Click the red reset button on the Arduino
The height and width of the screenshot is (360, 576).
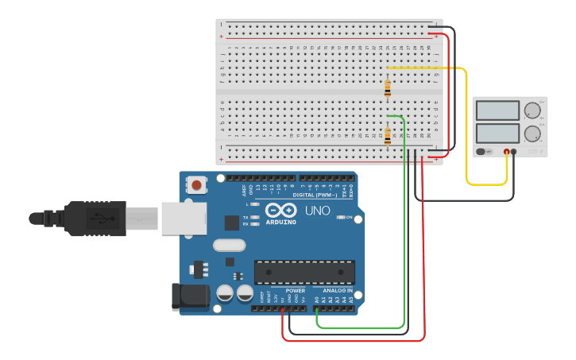coord(196,185)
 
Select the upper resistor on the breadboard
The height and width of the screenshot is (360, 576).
coord(387,87)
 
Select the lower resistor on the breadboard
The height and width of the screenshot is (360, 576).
coord(387,136)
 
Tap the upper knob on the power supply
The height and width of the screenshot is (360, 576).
coord(532,110)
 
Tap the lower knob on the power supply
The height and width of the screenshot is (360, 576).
coord(532,133)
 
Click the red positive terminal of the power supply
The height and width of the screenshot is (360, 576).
coord(506,151)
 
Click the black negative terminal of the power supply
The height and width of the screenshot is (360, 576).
coord(514,151)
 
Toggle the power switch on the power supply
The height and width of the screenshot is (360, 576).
coord(481,151)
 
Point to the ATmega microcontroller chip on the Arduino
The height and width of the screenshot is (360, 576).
coord(304,271)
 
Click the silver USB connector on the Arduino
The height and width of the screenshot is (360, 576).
coord(184,218)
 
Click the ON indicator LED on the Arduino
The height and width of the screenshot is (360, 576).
coord(340,217)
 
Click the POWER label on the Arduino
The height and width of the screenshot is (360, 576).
coord(295,290)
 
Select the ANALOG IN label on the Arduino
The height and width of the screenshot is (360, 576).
coord(337,290)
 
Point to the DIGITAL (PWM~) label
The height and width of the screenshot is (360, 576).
coord(315,194)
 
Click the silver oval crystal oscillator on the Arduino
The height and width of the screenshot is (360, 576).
coord(229,246)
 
